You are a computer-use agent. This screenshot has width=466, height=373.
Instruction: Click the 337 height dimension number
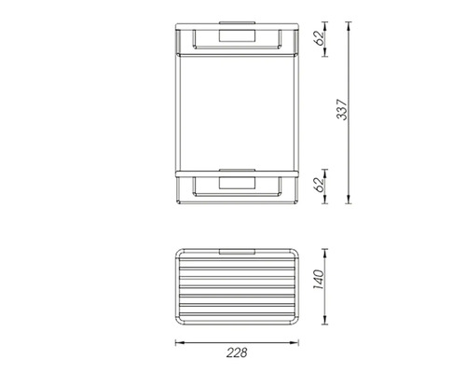(343, 110)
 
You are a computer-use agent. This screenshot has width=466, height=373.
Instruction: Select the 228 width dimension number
(237, 352)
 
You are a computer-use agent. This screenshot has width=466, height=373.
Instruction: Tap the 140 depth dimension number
(319, 280)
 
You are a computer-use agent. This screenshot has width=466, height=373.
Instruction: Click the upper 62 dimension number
(319, 38)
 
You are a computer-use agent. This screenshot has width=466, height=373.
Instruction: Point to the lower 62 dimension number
(319, 185)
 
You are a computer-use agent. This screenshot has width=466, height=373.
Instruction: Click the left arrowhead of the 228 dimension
(180, 343)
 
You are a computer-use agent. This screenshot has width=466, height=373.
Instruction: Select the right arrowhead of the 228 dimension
(295, 343)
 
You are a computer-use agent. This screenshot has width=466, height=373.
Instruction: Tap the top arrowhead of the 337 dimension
(349, 26)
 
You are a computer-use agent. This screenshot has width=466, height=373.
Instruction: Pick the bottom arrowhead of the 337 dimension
(349, 200)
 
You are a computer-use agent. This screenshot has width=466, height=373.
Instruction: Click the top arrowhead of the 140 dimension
(324, 253)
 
